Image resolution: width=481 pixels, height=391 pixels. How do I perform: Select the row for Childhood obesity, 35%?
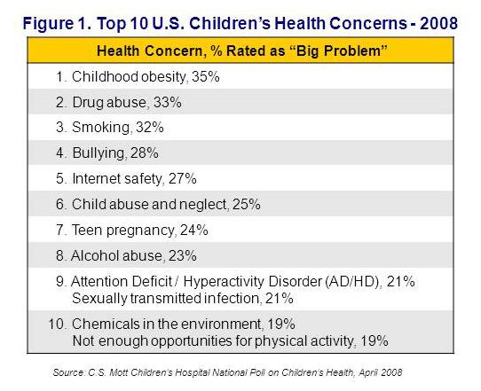coord(138,77)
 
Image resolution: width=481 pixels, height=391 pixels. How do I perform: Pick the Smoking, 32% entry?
coord(117,128)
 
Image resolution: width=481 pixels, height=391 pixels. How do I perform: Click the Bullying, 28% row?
coord(115,153)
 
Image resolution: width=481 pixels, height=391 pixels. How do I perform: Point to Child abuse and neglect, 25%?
coord(158,204)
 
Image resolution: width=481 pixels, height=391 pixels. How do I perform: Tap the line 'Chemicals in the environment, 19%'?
coord(177,324)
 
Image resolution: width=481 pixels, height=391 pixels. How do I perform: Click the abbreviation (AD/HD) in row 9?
coord(364,281)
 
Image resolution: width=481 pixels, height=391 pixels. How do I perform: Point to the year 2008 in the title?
coord(440,20)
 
